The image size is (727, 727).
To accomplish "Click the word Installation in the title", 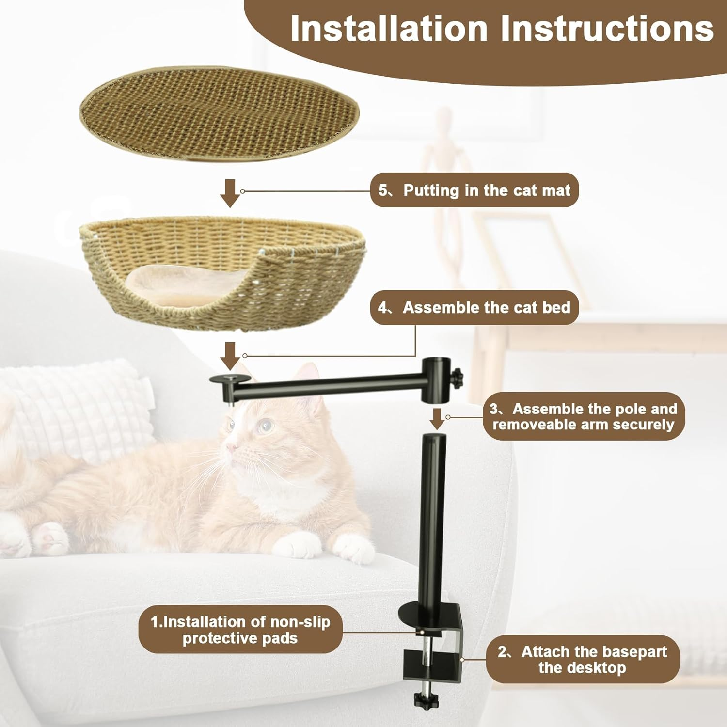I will [x=389, y=29].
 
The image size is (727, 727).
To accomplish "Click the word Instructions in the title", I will [x=607, y=29].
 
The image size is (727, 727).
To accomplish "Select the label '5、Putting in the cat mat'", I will [x=474, y=190].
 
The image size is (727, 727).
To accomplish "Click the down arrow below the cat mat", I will [x=230, y=193].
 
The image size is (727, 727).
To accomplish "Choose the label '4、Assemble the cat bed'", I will [x=474, y=308].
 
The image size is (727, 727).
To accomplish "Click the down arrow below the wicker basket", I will [x=230, y=355].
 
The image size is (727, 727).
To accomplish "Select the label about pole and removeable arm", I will [x=584, y=417].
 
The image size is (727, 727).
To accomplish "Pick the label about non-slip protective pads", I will [x=240, y=630].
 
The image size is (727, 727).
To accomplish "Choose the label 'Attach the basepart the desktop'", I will [x=583, y=660].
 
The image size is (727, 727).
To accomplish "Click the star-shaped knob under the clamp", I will [x=423, y=699].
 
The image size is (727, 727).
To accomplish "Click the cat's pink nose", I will [x=232, y=446].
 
